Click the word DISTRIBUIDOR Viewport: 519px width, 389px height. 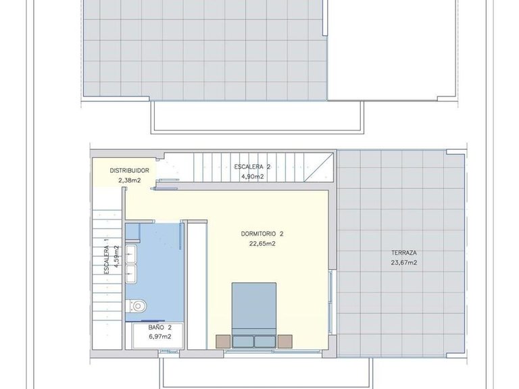tap(130, 171)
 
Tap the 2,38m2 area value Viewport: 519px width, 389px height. tap(130, 180)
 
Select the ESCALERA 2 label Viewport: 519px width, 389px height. tap(252, 167)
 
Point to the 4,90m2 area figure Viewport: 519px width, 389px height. tap(252, 177)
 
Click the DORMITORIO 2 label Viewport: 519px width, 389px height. tap(262, 234)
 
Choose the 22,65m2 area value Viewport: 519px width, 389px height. tap(262, 244)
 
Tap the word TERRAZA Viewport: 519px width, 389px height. tap(404, 253)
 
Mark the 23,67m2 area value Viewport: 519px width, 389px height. tap(404, 263)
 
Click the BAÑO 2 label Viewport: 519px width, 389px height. tap(160, 328)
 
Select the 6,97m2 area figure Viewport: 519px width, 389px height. tap(160, 337)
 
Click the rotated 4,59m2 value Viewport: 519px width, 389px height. tap(116, 256)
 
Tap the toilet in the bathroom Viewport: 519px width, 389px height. tap(136, 306)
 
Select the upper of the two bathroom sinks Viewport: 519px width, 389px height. tap(131, 254)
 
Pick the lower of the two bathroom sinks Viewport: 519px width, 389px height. tap(131, 274)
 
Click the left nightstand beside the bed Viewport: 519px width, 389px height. tap(223, 341)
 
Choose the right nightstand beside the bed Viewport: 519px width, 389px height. tap(285, 341)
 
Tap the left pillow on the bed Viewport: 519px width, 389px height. tap(243, 342)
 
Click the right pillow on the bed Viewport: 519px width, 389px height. tap(265, 342)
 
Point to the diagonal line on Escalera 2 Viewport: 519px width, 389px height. tap(318, 167)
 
